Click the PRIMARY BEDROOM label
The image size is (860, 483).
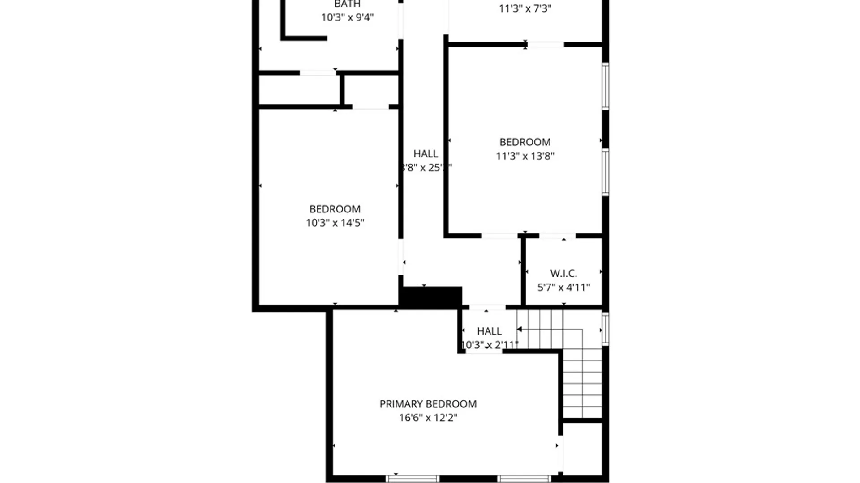pyautogui.click(x=428, y=404)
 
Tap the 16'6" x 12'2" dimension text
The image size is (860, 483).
pyautogui.click(x=428, y=418)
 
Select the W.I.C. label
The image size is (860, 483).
pyautogui.click(x=563, y=273)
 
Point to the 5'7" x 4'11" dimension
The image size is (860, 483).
pyautogui.click(x=563, y=287)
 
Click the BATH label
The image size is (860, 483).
pyautogui.click(x=347, y=4)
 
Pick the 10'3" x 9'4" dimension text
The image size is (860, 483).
pyautogui.click(x=347, y=17)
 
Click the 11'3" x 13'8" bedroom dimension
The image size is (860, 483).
pyautogui.click(x=525, y=156)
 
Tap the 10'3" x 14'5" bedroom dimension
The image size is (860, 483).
pyautogui.click(x=335, y=223)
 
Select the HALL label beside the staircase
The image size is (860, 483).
pyautogui.click(x=489, y=331)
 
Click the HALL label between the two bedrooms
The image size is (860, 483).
pyautogui.click(x=426, y=153)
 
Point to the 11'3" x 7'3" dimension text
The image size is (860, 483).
pyautogui.click(x=525, y=8)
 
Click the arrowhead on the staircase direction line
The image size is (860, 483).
pyautogui.click(x=520, y=330)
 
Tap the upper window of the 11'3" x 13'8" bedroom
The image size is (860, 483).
pyautogui.click(x=605, y=86)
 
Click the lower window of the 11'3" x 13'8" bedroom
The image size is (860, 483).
pyautogui.click(x=605, y=172)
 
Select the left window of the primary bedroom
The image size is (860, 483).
pyautogui.click(x=413, y=479)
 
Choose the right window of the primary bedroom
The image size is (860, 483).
pyautogui.click(x=524, y=479)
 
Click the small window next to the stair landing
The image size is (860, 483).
pyautogui.click(x=605, y=329)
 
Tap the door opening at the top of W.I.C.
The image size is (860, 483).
pyautogui.click(x=557, y=236)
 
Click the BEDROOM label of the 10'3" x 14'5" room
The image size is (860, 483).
pyautogui.click(x=335, y=209)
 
